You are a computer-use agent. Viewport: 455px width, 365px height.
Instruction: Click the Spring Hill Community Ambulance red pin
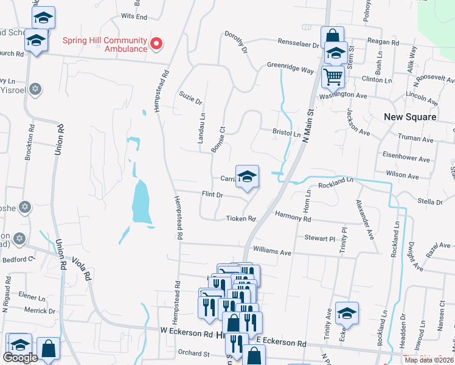pyautogui.click(x=156, y=43)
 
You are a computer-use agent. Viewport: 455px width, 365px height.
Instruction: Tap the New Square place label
pyautogui.click(x=409, y=116)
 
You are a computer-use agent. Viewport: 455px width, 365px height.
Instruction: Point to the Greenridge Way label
pyautogui.click(x=290, y=68)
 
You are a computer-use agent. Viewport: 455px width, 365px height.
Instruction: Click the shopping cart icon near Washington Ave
pyautogui.click(x=333, y=77)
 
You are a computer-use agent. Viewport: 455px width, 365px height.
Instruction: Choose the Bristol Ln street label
pyautogui.click(x=287, y=133)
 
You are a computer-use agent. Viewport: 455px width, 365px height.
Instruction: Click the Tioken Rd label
pyautogui.click(x=240, y=218)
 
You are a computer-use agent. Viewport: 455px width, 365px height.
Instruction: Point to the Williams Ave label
pyautogui.click(x=273, y=250)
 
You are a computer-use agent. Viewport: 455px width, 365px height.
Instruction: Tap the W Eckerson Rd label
pyautogui.click(x=187, y=333)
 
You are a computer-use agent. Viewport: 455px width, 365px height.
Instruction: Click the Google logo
pyautogui.click(x=20, y=358)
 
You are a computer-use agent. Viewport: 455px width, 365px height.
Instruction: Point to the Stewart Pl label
pyautogui.click(x=319, y=239)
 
